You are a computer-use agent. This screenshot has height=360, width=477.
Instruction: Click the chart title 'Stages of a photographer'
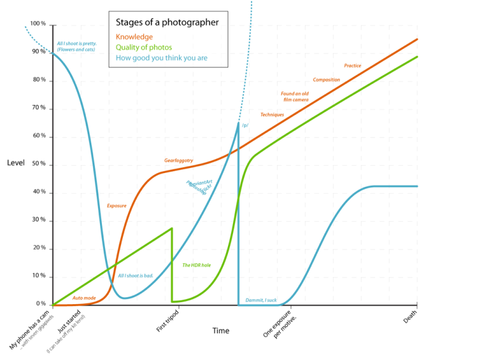click(167, 23)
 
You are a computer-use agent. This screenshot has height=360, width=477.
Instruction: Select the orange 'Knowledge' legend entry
click(134, 37)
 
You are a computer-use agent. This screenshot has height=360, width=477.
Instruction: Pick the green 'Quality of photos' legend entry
click(144, 47)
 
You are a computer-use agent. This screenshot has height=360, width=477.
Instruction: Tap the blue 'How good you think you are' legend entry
click(161, 58)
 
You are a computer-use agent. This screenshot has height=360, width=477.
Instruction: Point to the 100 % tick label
click(39, 24)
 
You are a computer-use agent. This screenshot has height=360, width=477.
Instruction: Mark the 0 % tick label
click(40, 304)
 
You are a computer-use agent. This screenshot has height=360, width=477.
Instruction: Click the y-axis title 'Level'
click(16, 163)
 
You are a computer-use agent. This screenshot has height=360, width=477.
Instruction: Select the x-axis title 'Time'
click(221, 330)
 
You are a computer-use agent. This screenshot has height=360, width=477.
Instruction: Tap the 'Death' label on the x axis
click(411, 317)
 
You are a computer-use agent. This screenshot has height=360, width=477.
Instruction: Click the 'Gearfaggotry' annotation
click(178, 160)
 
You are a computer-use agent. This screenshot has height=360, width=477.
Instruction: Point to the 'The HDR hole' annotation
click(196, 265)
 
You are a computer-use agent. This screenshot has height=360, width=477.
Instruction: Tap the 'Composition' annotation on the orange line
click(326, 79)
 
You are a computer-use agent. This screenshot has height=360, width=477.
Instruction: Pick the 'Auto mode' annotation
click(84, 298)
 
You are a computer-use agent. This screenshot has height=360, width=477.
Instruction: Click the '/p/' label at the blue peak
click(245, 125)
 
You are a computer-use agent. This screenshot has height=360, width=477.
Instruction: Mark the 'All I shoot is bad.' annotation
click(135, 275)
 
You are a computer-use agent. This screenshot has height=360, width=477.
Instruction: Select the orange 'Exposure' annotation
click(117, 205)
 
